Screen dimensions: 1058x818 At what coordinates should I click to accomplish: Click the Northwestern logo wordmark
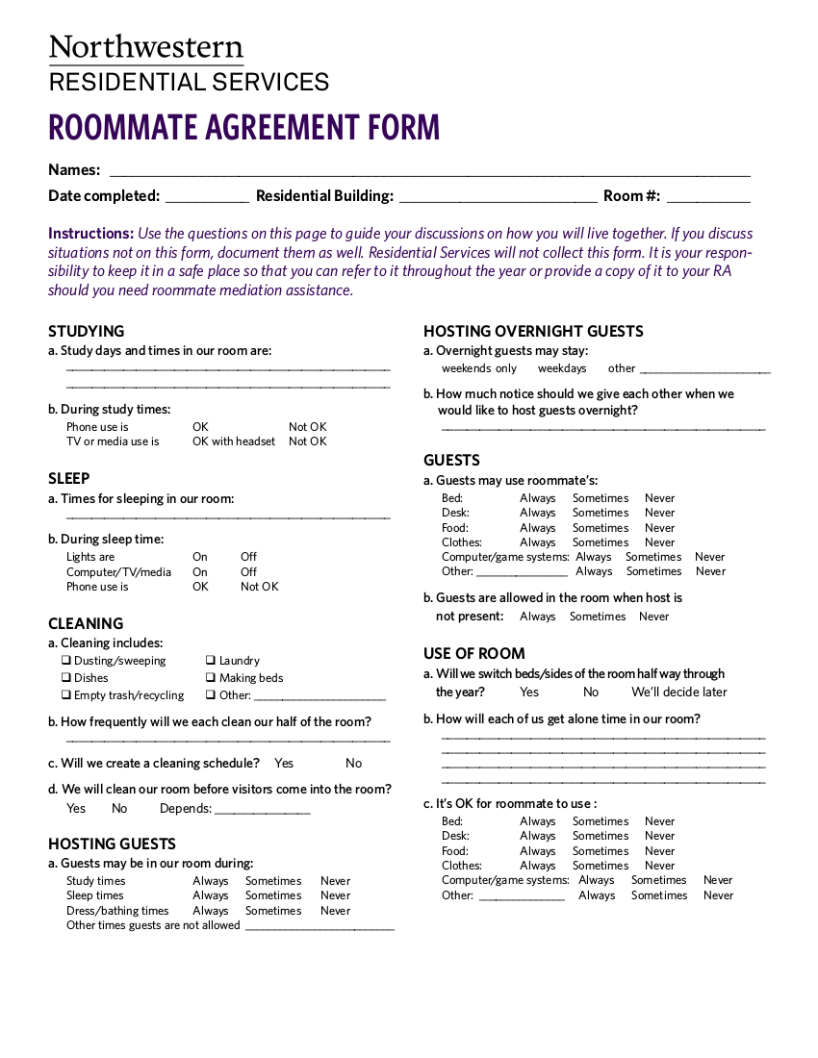145,48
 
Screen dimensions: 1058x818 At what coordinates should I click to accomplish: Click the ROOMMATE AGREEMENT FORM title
244,127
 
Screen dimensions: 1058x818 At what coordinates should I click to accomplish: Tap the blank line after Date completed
207,197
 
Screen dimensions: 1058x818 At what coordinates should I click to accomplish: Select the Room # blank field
708,197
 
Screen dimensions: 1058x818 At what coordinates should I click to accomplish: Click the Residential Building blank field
498,197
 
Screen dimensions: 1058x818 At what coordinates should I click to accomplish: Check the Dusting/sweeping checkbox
66,661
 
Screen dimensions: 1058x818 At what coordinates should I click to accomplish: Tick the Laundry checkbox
211,661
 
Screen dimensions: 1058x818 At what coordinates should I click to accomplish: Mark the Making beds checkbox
211,678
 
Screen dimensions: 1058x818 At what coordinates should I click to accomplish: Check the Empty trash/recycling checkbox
66,695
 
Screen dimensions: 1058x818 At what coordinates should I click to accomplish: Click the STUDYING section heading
87,331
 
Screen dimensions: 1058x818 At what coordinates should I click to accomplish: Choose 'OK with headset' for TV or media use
234,441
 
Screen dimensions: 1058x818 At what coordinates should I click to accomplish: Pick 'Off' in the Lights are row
248,557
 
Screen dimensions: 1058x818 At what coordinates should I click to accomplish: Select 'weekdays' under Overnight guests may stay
562,368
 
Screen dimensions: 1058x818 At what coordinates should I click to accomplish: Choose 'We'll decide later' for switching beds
678,692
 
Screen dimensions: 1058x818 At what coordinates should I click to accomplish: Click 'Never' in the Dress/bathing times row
335,911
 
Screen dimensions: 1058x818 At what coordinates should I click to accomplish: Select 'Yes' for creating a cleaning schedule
284,763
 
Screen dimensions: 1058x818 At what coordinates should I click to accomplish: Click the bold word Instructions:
90,234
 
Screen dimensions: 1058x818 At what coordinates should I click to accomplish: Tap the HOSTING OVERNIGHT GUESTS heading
533,331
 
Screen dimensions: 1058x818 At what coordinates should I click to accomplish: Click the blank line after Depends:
262,810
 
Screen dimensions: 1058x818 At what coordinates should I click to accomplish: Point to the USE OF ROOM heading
474,653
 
